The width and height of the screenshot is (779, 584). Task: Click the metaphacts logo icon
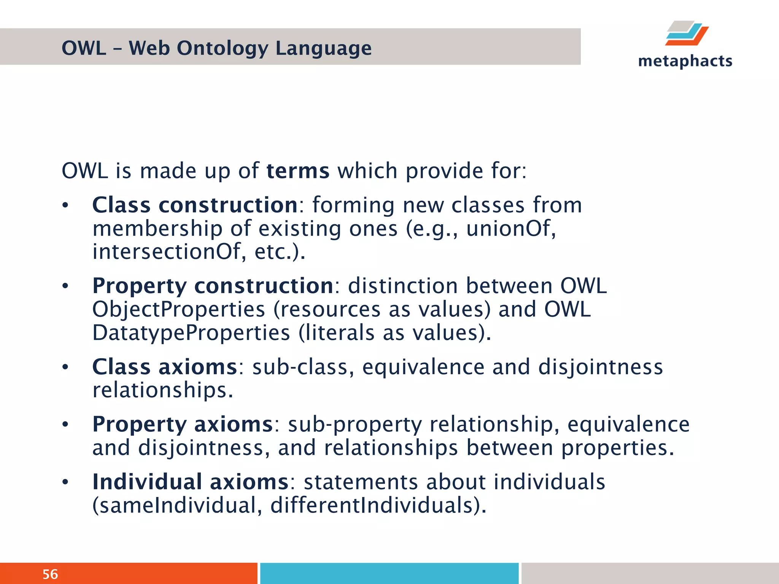click(687, 33)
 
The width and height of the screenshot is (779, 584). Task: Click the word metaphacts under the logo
click(685, 61)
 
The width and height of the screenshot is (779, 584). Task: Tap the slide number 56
click(50, 574)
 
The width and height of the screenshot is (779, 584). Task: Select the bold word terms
click(298, 171)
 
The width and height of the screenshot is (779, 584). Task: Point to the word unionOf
click(510, 229)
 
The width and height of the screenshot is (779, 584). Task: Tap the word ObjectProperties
click(178, 309)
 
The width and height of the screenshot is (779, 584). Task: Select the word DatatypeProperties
click(191, 333)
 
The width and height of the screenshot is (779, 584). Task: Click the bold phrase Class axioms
click(165, 367)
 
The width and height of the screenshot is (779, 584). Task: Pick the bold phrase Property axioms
click(183, 424)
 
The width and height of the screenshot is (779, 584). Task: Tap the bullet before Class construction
click(65, 206)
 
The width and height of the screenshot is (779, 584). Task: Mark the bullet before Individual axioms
click(65, 482)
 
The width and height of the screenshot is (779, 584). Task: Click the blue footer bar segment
click(389, 573)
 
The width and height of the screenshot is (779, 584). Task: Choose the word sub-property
click(355, 424)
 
